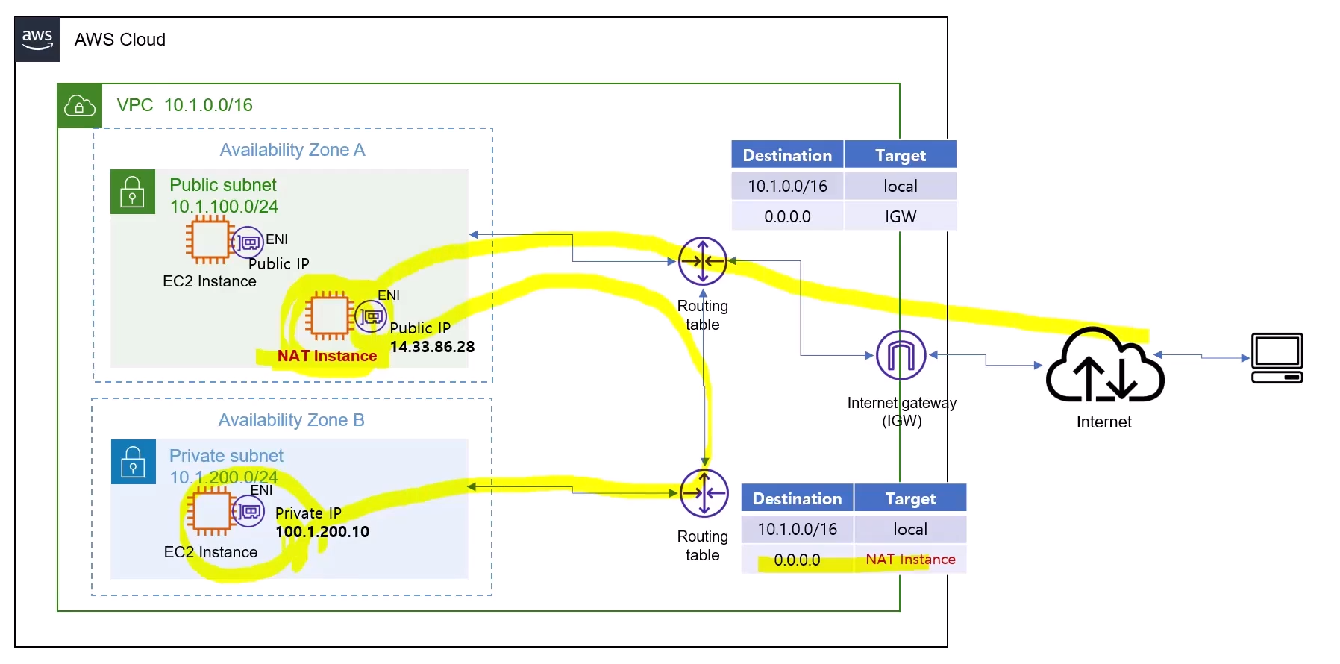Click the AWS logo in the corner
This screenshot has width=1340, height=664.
coord(37,39)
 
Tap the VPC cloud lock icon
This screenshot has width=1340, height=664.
coord(80,106)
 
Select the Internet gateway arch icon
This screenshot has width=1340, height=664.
coord(901,355)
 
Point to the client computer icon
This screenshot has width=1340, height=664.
coord(1277,358)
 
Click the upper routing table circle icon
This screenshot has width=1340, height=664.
coord(702,261)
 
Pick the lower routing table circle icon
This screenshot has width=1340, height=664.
coord(704,493)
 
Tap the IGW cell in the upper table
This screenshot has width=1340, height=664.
coord(900,216)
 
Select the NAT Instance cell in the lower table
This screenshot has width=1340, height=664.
coord(909,559)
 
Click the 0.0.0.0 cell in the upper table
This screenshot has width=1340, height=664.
coord(787,216)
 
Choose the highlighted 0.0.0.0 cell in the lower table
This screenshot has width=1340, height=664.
coord(796,560)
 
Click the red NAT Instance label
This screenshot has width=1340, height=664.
coord(327,356)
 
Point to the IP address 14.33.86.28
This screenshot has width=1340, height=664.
coord(432,347)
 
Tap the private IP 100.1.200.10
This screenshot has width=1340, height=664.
coord(322,532)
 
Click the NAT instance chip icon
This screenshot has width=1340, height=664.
coord(328,315)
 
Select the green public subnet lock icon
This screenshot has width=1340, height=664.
coord(133,192)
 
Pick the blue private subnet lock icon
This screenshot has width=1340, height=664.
coord(133,462)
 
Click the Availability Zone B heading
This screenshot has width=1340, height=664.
coord(291,420)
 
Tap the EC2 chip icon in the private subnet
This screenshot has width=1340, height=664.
coord(210,511)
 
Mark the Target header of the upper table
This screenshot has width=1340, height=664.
coord(900,155)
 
